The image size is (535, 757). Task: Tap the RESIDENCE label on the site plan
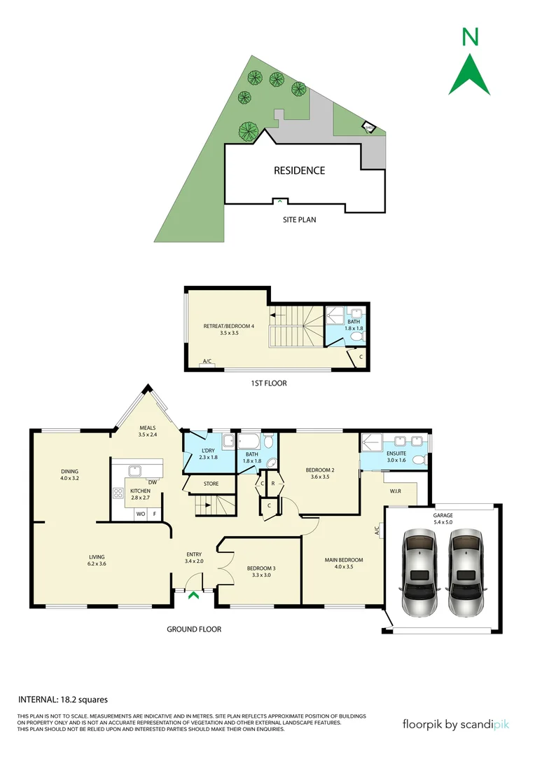(299, 170)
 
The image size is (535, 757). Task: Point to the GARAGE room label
(443, 515)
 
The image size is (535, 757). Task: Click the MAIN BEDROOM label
(343, 560)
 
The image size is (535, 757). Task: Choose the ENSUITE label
(396, 453)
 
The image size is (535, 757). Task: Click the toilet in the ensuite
(419, 460)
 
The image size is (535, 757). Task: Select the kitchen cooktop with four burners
(118, 493)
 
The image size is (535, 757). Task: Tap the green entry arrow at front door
(193, 596)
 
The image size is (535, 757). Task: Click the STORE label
(211, 484)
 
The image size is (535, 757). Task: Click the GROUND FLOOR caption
(194, 629)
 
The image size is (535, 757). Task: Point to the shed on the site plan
(368, 128)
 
